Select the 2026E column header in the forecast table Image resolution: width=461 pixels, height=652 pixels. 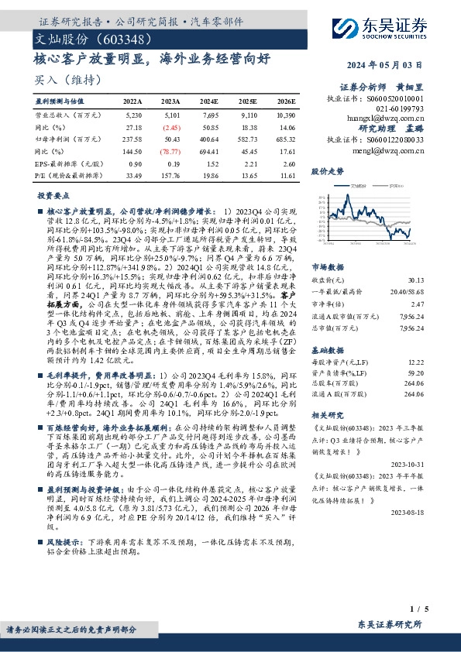click(x=285, y=101)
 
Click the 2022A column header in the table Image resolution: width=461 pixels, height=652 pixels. click(x=132, y=101)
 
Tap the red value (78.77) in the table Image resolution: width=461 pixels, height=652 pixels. click(x=170, y=153)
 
